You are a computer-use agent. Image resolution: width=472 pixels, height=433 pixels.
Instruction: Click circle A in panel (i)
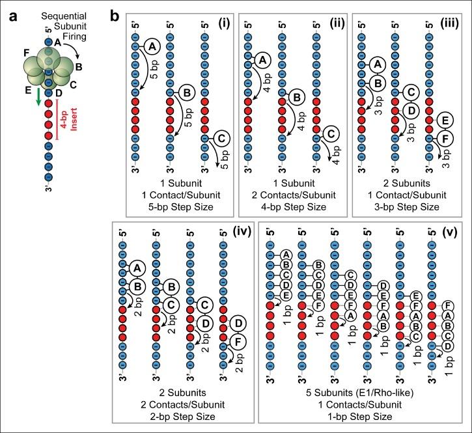click(150, 46)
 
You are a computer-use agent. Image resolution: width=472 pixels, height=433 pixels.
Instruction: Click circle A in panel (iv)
click(135, 268)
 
